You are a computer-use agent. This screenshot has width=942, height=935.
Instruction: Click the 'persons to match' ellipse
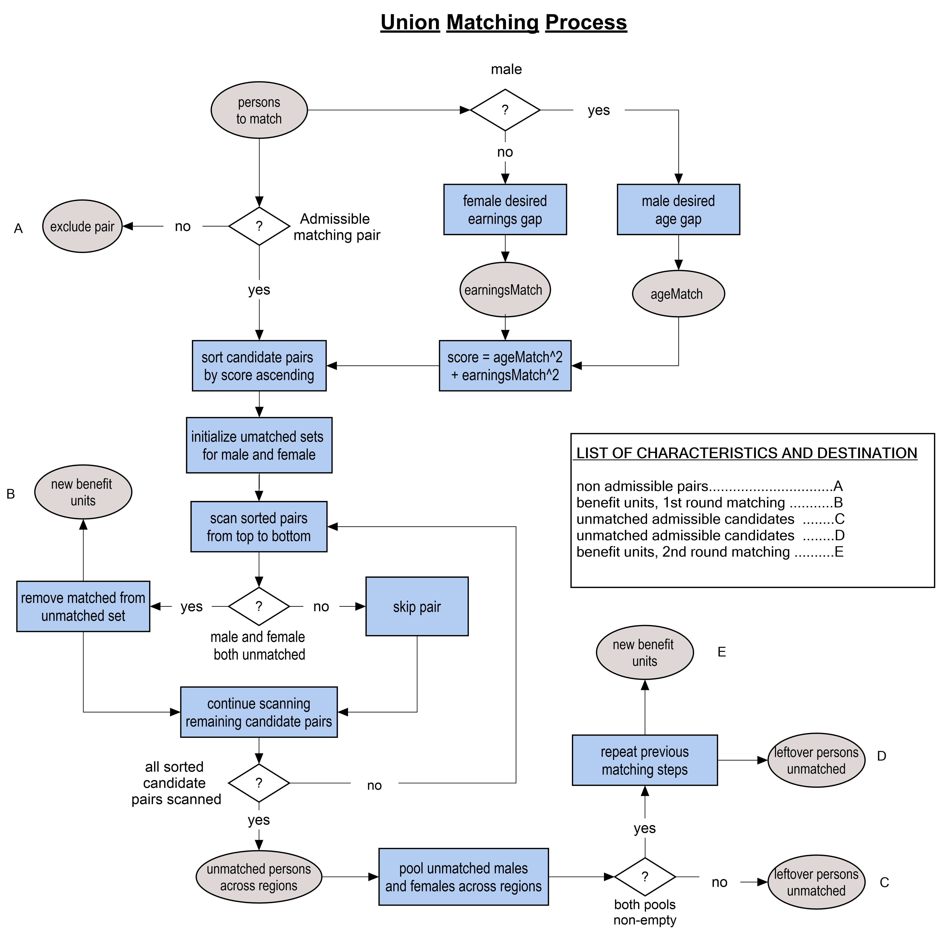pos(259,110)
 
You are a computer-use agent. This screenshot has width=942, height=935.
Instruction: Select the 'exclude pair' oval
pos(82,226)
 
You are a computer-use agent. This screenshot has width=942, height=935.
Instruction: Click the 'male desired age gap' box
pos(678,210)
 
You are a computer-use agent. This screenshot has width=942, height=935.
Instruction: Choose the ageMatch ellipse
pos(678,294)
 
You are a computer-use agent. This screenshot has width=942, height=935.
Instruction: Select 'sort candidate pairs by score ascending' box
pos(259,366)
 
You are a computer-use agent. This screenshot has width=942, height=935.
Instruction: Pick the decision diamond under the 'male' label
pos(505,110)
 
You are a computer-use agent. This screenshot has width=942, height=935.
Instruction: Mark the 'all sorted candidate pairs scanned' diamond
pos(259,783)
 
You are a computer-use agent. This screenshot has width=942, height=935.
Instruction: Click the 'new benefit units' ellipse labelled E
pos(645,653)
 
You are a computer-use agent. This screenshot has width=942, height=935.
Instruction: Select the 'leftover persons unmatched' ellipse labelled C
pos(816,882)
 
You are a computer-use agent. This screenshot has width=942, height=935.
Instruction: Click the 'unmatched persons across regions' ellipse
pos(259,877)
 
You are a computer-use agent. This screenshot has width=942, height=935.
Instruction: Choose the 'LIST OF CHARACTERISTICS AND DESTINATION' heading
pos(746,453)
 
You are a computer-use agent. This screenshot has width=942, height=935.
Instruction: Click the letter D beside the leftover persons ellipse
pos(882,756)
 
